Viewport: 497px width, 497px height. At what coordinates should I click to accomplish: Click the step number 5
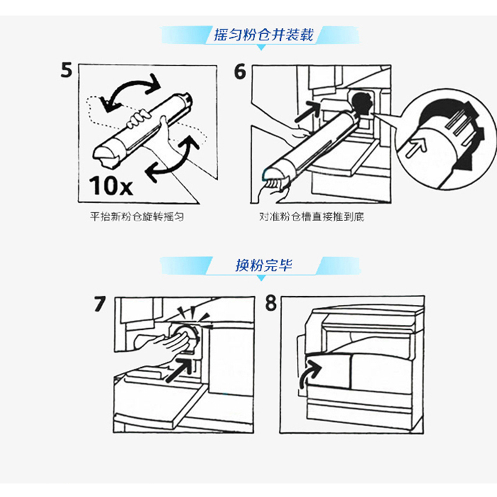coord(66,70)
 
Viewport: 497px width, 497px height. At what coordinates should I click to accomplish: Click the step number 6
coord(240,71)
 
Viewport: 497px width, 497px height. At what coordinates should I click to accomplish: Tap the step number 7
coord(99,304)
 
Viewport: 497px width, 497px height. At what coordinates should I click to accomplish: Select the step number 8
coord(271,303)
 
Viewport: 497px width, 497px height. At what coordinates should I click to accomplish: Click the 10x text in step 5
coord(111,185)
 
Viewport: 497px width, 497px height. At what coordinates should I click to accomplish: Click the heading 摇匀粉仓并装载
coord(263,35)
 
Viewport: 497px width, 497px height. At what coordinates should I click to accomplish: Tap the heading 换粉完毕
coord(263,265)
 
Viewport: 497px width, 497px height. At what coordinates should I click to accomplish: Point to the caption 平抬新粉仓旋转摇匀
coord(137,217)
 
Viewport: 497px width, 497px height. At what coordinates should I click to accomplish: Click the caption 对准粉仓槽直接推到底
coord(312,217)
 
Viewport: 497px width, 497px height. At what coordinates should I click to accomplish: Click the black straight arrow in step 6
coord(308,111)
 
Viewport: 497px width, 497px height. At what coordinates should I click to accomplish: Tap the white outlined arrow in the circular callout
coord(416,148)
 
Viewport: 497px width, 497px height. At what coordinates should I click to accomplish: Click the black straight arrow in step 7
coord(179,370)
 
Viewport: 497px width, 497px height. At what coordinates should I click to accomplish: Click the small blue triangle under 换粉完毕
coord(261,278)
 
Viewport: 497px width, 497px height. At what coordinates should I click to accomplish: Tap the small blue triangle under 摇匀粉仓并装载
coord(261,47)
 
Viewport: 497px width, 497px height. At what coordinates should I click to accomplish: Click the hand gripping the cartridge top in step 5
coord(137,119)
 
